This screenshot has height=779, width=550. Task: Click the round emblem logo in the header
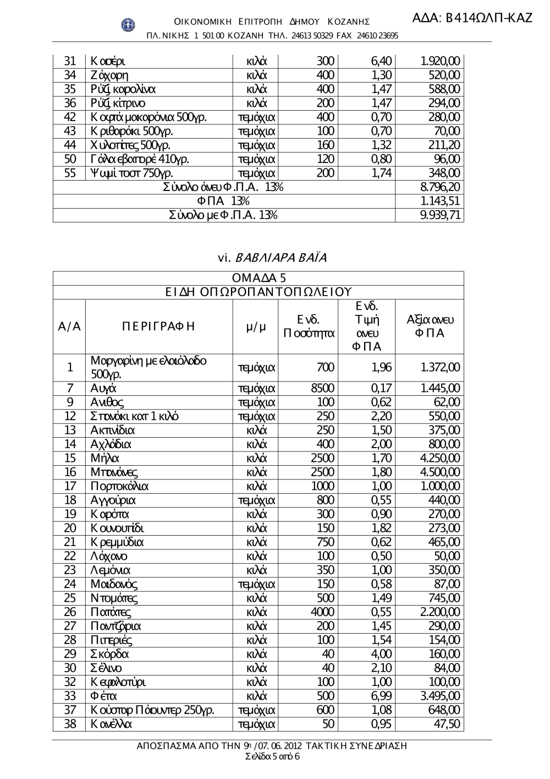coord(128,24)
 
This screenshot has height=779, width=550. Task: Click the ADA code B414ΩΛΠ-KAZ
coord(472,18)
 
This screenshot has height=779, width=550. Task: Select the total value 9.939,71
coord(440,215)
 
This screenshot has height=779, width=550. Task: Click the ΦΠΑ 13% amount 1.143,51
coord(440,201)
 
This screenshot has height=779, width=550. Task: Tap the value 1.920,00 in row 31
coord(440,61)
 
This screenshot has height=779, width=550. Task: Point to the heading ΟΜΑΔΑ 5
coord(258,278)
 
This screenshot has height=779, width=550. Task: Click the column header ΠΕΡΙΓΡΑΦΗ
coord(158,326)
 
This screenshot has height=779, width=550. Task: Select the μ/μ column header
coord(255,326)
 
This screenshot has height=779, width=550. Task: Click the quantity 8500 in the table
coord(322,388)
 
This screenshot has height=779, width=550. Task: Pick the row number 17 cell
coord(70,486)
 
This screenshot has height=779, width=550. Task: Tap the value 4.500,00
coord(440,472)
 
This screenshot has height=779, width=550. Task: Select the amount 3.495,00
coord(440,696)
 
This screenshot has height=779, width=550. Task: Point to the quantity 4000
coord(322,612)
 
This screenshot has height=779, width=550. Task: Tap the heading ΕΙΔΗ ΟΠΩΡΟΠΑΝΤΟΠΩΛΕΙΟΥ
coord(258,292)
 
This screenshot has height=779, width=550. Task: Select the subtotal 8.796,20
coord(440,187)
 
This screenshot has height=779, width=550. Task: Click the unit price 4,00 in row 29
coord(381,654)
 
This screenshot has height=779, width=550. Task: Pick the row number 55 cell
coord(70,173)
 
